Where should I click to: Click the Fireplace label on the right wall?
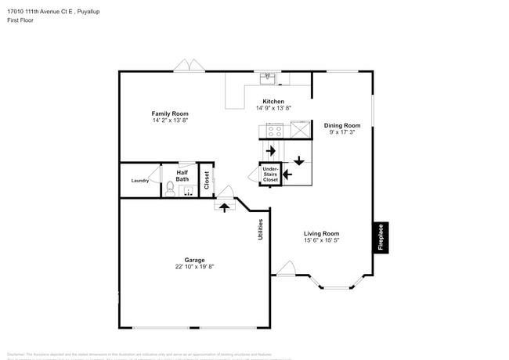pyautogui.click(x=381, y=238)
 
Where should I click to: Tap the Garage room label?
pyautogui.click(x=194, y=260)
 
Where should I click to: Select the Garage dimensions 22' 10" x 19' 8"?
pyautogui.click(x=194, y=267)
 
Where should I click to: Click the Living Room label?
pyautogui.click(x=321, y=233)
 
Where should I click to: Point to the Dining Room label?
pyautogui.click(x=342, y=125)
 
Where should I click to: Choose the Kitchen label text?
pyautogui.click(x=273, y=102)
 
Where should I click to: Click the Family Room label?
pyautogui.click(x=170, y=113)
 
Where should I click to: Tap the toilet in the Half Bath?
pyautogui.click(x=170, y=188)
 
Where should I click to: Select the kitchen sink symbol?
pyautogui.click(x=267, y=77)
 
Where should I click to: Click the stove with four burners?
pyautogui.click(x=275, y=129)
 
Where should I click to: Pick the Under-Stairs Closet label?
pyautogui.click(x=270, y=174)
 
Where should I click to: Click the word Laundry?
pyautogui.click(x=140, y=181)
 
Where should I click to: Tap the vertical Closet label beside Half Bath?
pyautogui.click(x=206, y=181)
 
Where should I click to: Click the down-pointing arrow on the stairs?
pyautogui.click(x=298, y=161)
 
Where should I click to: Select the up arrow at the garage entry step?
pyautogui.click(x=224, y=207)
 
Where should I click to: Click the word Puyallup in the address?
pyautogui.click(x=86, y=12)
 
